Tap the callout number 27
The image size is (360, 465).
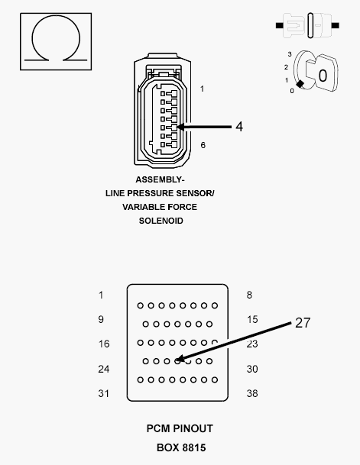click(x=303, y=323)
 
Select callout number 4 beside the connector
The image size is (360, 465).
click(x=239, y=127)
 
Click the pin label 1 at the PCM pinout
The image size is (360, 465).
click(x=101, y=295)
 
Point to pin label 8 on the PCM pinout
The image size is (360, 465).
click(x=249, y=295)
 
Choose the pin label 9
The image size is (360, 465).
click(x=101, y=319)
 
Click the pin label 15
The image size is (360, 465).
click(x=252, y=319)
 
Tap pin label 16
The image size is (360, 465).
click(x=103, y=344)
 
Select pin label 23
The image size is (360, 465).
click(x=252, y=344)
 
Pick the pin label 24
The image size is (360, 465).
click(x=103, y=369)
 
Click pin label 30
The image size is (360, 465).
click(x=252, y=369)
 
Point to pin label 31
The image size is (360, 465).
click(x=103, y=393)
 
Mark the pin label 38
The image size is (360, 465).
click(x=252, y=393)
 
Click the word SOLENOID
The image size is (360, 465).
click(x=161, y=221)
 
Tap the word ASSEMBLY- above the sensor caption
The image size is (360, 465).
click(x=161, y=179)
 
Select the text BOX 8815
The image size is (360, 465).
click(x=180, y=447)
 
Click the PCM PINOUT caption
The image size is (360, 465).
click(x=180, y=429)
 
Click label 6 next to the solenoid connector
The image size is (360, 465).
click(x=203, y=145)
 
